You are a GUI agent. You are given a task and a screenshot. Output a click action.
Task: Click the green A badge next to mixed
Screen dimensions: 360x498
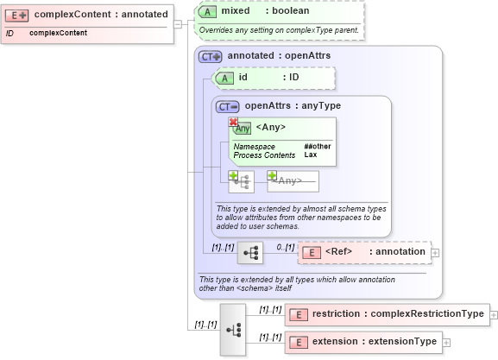point(207,11)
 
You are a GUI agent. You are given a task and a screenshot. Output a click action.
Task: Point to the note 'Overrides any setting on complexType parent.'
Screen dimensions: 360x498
point(278,30)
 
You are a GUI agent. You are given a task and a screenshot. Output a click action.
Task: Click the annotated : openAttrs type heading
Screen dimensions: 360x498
point(278,55)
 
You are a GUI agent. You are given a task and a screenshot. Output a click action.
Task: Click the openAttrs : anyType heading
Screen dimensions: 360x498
point(293,106)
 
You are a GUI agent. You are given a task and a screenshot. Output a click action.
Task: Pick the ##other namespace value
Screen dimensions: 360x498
point(317,146)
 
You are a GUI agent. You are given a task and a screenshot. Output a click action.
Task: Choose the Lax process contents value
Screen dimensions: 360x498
point(310,155)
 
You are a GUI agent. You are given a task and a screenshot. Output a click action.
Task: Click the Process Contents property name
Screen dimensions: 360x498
point(264,155)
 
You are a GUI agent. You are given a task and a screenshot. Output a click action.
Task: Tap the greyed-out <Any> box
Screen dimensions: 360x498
point(293,180)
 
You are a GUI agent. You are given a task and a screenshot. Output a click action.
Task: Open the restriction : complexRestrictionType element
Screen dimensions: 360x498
point(387,313)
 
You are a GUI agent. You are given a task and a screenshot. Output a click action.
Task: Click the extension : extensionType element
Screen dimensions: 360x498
point(362,341)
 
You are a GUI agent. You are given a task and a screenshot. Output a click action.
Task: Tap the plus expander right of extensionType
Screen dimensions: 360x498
point(446,342)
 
